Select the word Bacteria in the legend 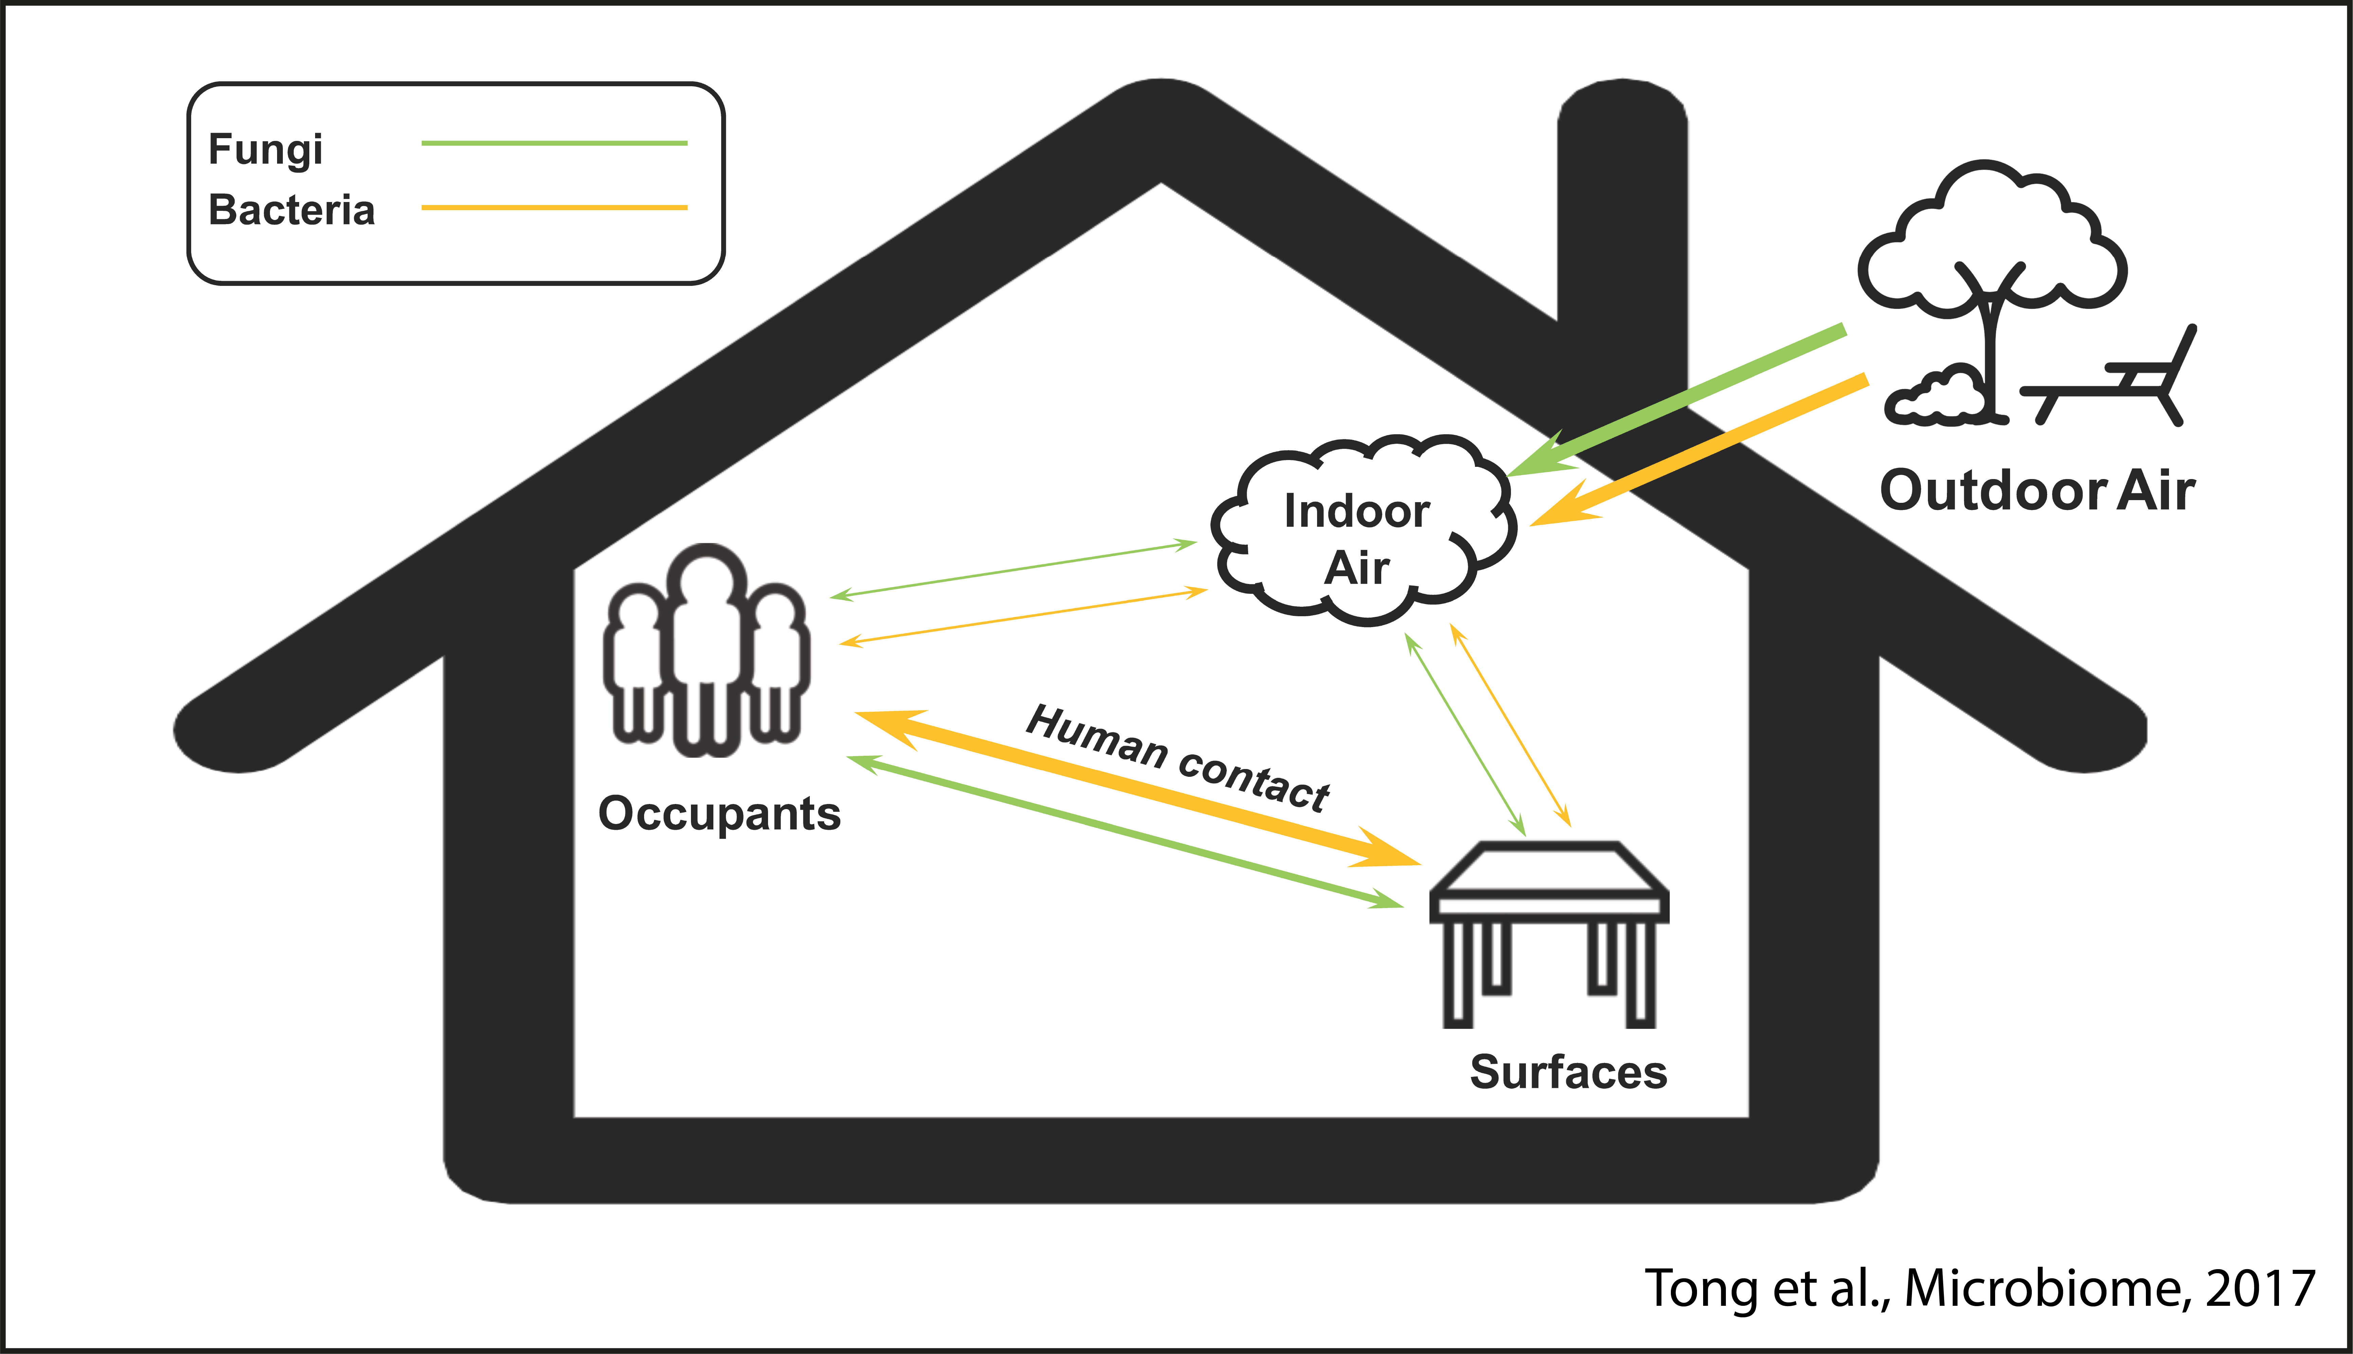pyautogui.click(x=291, y=210)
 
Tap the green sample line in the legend pyautogui.click(x=554, y=143)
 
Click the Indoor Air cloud pyautogui.click(x=1358, y=535)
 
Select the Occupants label pyautogui.click(x=719, y=814)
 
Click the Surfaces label pyautogui.click(x=1568, y=1072)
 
